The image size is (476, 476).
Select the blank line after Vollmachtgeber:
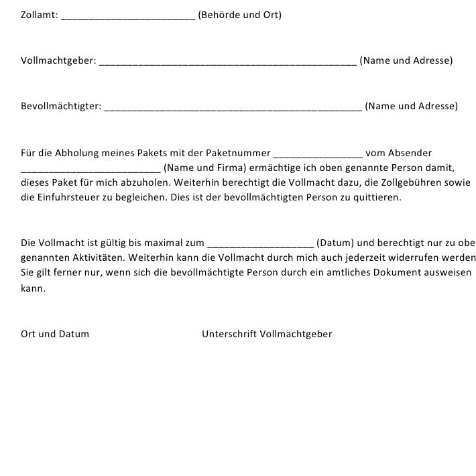[x=227, y=63]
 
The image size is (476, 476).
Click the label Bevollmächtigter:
[x=61, y=106]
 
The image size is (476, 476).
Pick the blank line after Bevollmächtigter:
[x=233, y=109]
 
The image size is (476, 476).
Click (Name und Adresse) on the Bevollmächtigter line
[x=411, y=106]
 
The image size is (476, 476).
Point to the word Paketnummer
[x=242, y=153]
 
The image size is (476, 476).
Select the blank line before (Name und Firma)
[x=91, y=170]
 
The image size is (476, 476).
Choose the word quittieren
[x=379, y=198]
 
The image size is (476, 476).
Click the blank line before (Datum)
[x=261, y=245]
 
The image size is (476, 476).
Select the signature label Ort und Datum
[x=55, y=334]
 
